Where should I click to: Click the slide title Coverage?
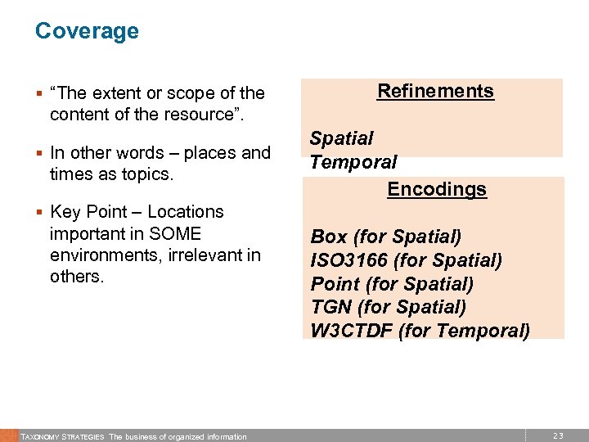pyautogui.click(x=87, y=31)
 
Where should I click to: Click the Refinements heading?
pyautogui.click(x=435, y=91)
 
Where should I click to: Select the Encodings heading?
pyautogui.click(x=437, y=189)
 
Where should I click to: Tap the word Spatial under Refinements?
pyautogui.click(x=341, y=138)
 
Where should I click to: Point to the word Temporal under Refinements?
pyautogui.click(x=353, y=162)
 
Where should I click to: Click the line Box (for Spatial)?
pyautogui.click(x=386, y=237)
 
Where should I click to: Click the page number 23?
pyautogui.click(x=558, y=436)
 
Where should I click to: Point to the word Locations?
pyautogui.click(x=185, y=211)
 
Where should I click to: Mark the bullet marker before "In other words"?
pyautogui.click(x=38, y=154)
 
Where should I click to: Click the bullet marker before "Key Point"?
pyautogui.click(x=38, y=213)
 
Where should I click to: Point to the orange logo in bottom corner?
pyautogui.click(x=8, y=435)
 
